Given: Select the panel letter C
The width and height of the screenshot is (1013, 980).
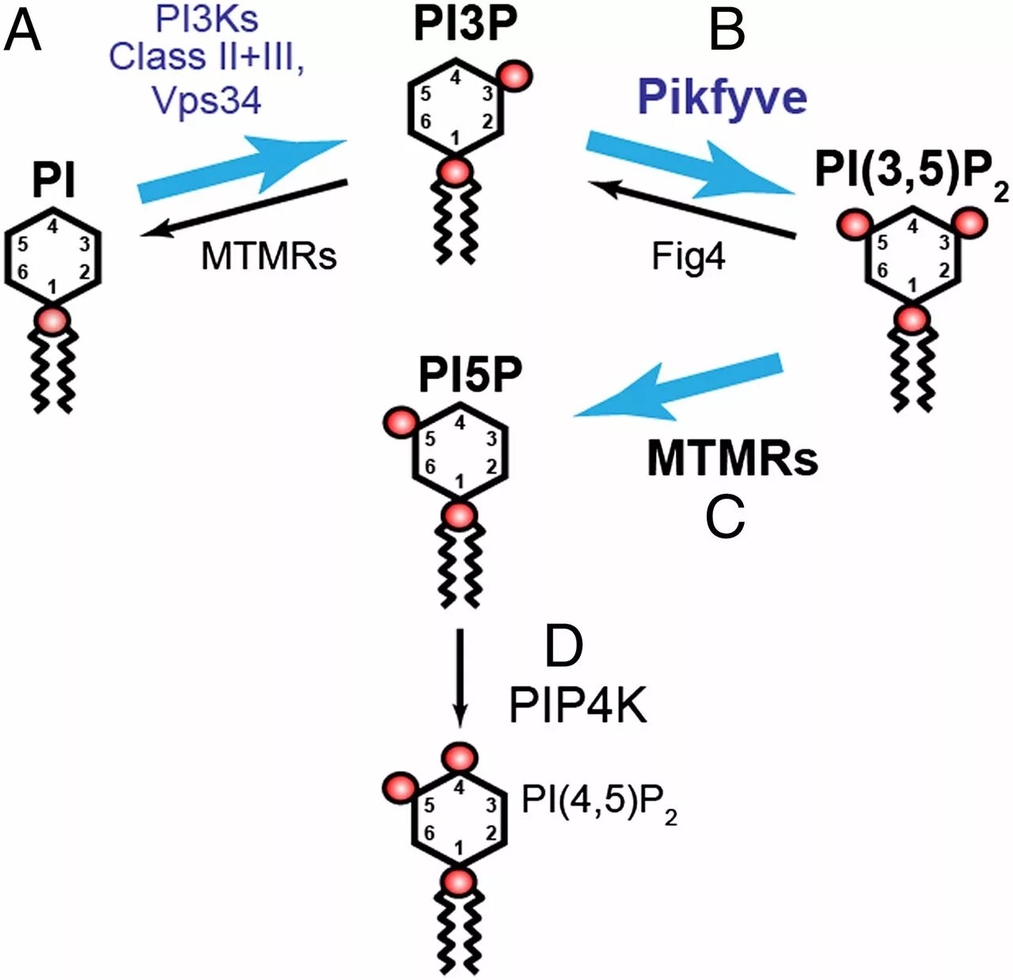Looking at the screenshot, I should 724,518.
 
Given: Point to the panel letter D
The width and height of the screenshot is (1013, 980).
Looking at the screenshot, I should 563,646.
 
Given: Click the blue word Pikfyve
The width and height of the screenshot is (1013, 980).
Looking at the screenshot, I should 722,97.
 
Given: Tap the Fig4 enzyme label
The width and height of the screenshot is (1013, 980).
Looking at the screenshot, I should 688,256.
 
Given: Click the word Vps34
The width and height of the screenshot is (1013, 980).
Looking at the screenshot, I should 207,100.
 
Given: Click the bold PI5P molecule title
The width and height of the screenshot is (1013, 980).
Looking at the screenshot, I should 470,374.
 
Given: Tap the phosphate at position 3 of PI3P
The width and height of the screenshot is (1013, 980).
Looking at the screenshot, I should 514,74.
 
